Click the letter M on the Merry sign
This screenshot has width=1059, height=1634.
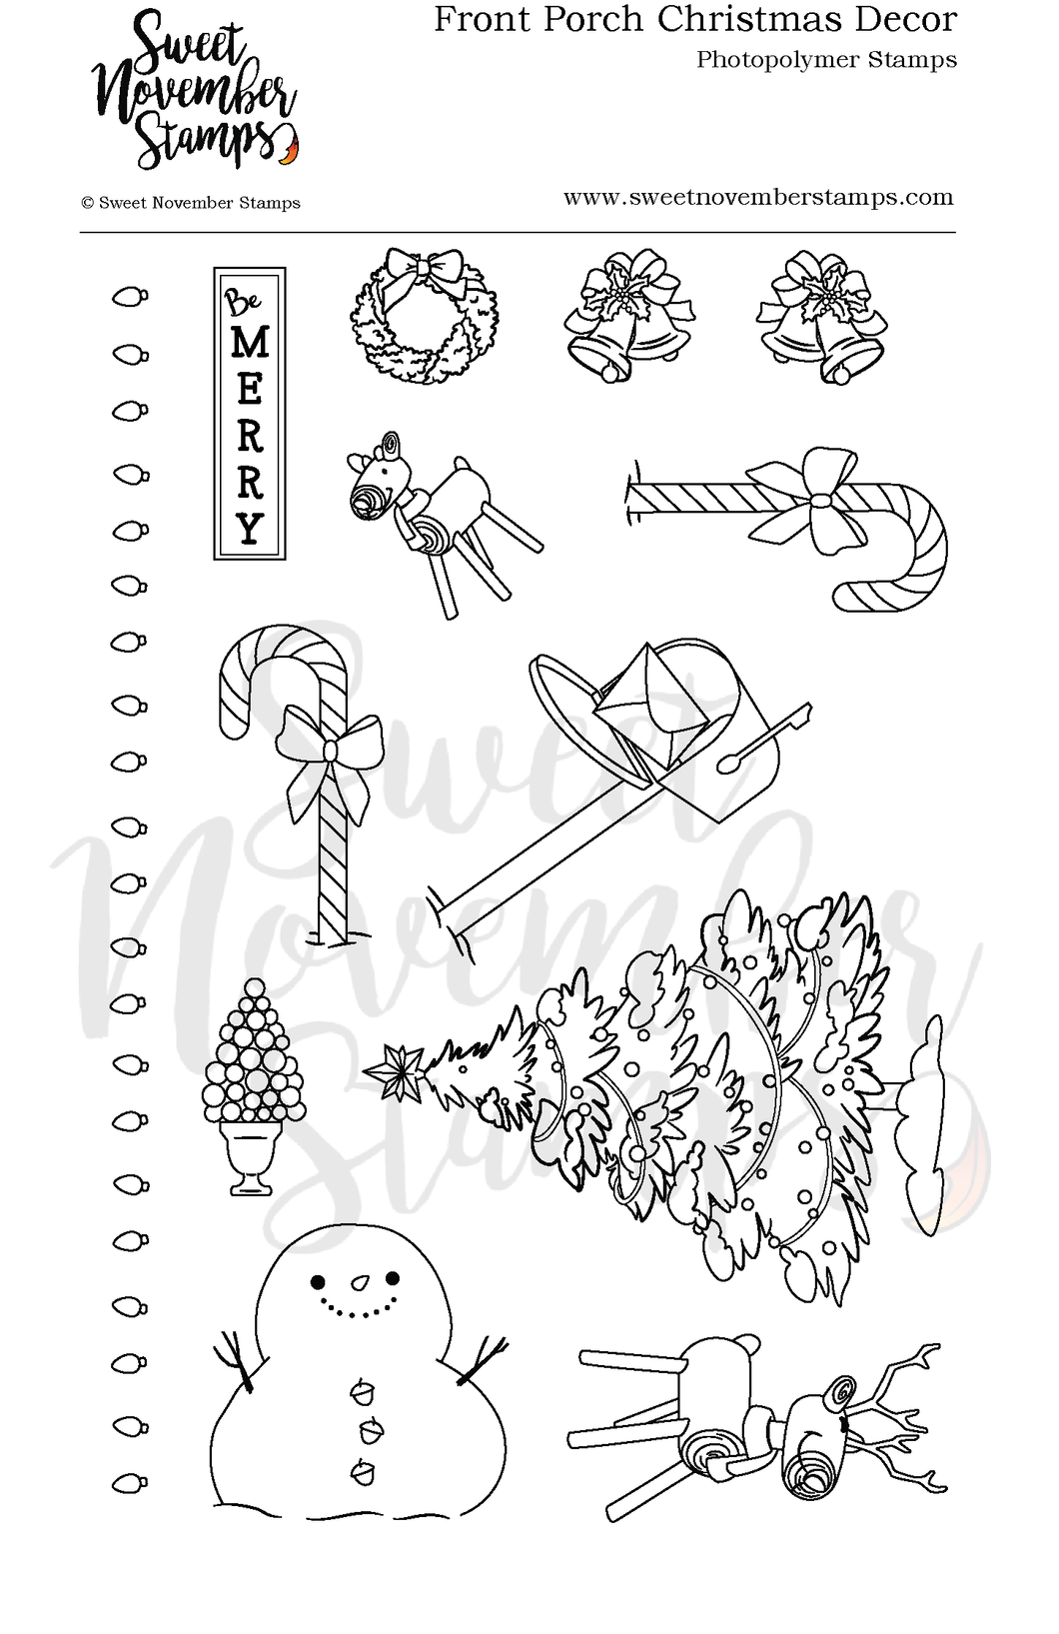[250, 343]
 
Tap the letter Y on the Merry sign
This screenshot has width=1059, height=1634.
[250, 527]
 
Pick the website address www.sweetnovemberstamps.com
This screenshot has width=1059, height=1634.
[758, 197]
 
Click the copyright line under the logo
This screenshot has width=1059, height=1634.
[191, 203]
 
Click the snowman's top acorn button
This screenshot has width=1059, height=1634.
[361, 1389]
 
